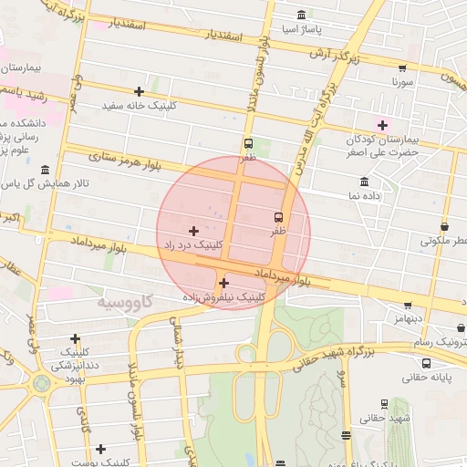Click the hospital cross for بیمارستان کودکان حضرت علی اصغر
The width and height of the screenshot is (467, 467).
click(x=381, y=125)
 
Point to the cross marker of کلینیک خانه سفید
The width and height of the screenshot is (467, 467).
click(x=139, y=91)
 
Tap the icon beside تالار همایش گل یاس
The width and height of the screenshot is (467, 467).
click(x=46, y=170)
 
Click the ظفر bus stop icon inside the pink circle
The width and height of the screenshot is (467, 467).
click(x=278, y=217)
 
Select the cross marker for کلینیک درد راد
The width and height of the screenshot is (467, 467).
click(x=193, y=231)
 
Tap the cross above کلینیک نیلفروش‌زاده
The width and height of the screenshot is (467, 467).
click(x=223, y=283)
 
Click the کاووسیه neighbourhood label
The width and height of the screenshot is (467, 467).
click(x=125, y=301)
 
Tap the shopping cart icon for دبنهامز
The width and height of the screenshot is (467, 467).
click(x=407, y=306)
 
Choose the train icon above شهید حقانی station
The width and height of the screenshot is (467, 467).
click(x=383, y=403)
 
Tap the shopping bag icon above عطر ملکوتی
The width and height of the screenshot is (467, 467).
click(x=444, y=226)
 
